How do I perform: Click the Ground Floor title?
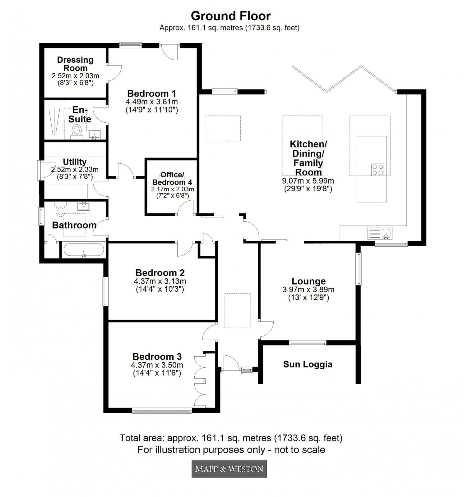pyautogui.click(x=230, y=16)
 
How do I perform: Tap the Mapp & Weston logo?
pyautogui.click(x=229, y=468)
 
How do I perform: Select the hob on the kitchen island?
pyautogui.click(x=378, y=170)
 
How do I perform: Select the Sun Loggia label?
pyautogui.click(x=308, y=364)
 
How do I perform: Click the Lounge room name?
pyautogui.click(x=309, y=281)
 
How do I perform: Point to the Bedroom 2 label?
pyautogui.click(x=160, y=273)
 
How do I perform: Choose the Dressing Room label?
pyautogui.click(x=75, y=64)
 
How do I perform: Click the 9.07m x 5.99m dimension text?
pyautogui.click(x=308, y=181)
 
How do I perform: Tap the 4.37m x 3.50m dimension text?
pyautogui.click(x=157, y=365)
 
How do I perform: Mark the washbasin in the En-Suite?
pyautogui.click(x=94, y=135)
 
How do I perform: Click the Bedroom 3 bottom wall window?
pyautogui.click(x=162, y=411)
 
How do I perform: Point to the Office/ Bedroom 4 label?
pyautogui.click(x=172, y=178)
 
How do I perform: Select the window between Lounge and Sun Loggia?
pyautogui.click(x=308, y=343)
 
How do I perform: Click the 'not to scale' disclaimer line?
pyautogui.click(x=231, y=449)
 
